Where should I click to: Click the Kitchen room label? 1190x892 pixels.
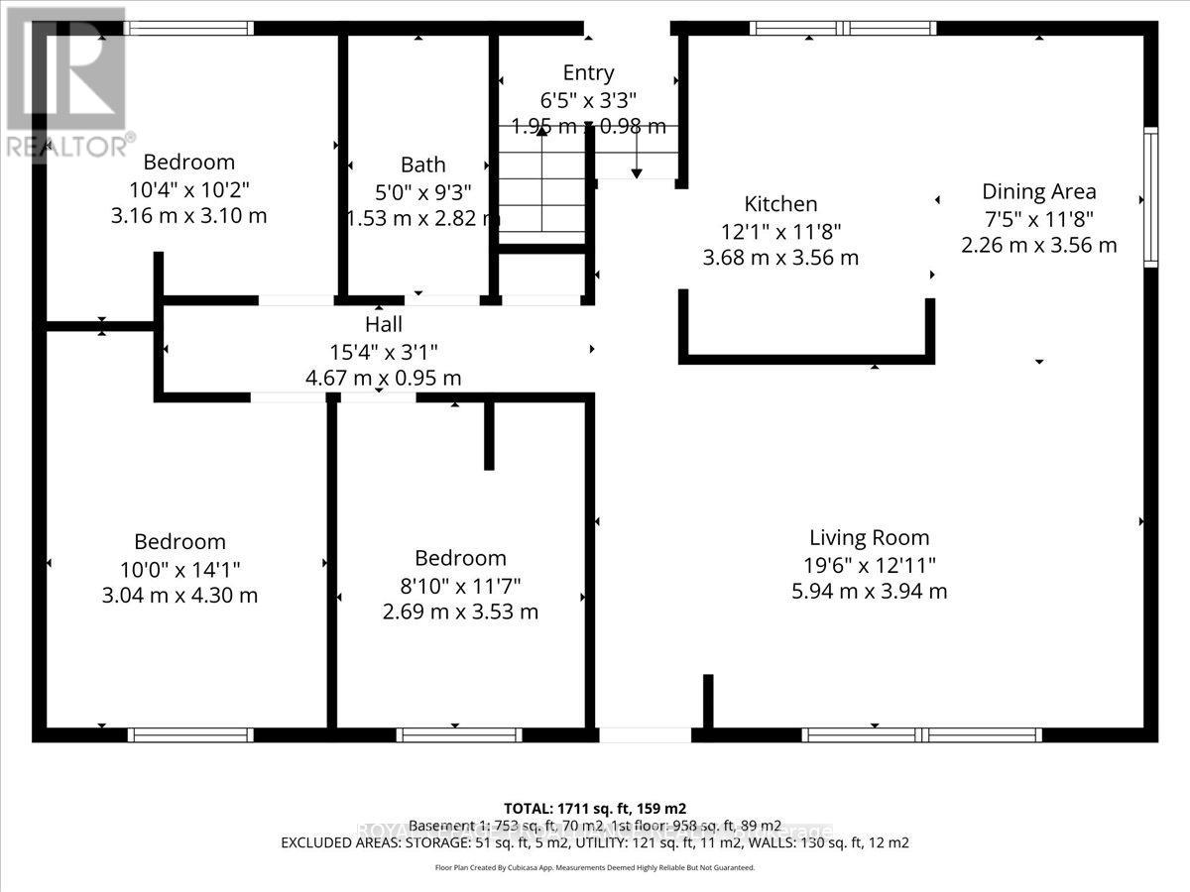pyautogui.click(x=780, y=204)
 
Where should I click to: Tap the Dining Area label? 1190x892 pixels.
pyautogui.click(x=1038, y=191)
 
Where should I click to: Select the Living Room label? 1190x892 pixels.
pyautogui.click(x=869, y=538)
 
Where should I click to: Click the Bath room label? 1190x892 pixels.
pyautogui.click(x=422, y=165)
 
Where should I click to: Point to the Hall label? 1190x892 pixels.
pyautogui.click(x=383, y=324)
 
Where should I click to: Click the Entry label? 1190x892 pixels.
pyautogui.click(x=588, y=72)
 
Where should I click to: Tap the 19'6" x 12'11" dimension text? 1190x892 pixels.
pyautogui.click(x=869, y=565)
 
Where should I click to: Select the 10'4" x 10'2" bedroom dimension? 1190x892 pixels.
pyautogui.click(x=188, y=188)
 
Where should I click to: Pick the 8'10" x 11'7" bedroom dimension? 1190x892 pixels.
pyautogui.click(x=460, y=585)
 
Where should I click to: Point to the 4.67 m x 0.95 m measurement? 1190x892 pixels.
pyautogui.click(x=383, y=378)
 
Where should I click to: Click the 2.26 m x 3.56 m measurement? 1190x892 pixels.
pyautogui.click(x=1038, y=245)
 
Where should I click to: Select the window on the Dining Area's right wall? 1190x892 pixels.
pyautogui.click(x=1150, y=198)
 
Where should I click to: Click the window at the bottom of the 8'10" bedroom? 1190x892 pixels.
pyautogui.click(x=459, y=734)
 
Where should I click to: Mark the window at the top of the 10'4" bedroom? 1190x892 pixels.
pyautogui.click(x=188, y=28)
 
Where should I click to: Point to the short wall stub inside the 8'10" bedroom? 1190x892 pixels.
pyautogui.click(x=489, y=436)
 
